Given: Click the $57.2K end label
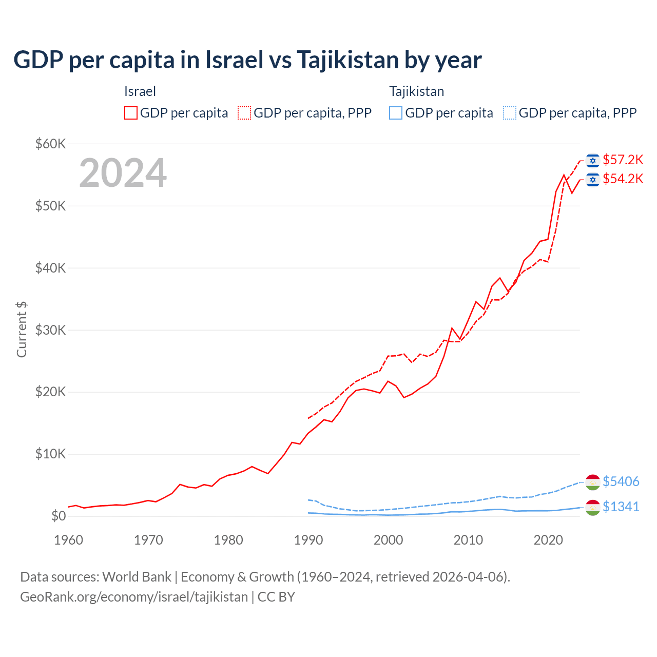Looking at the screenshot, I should [x=623, y=160].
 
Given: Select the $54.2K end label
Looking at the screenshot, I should [x=623, y=179].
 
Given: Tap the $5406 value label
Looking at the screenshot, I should [x=621, y=481].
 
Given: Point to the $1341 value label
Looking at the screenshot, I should [x=621, y=507].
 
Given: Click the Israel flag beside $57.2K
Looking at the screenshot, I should [x=593, y=161].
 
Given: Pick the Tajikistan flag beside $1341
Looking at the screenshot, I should [x=593, y=507].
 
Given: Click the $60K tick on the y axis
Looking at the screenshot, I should [x=50, y=144].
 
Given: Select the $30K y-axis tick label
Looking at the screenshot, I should [x=50, y=330].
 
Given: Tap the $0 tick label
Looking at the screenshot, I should [x=59, y=516].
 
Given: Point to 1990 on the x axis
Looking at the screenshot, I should [x=308, y=540].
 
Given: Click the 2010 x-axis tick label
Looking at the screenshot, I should [x=468, y=540].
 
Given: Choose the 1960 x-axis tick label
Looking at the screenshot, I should [x=69, y=540].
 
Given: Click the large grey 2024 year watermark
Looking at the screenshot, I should [x=123, y=173].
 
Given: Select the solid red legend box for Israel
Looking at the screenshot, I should [x=131, y=113].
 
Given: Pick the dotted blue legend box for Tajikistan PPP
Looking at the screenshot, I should [x=510, y=113].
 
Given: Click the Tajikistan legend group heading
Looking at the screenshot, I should [x=416, y=91].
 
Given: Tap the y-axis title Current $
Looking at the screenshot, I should [x=22, y=330].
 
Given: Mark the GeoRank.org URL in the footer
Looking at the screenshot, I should [x=134, y=597].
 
